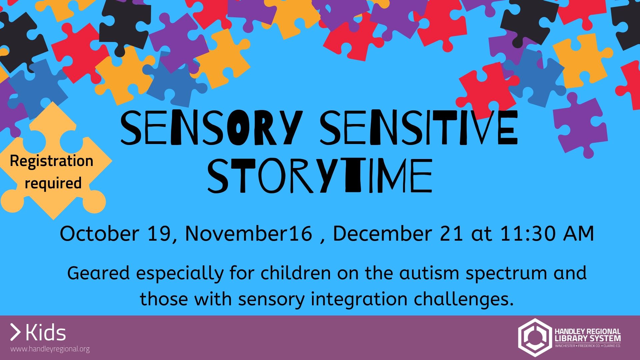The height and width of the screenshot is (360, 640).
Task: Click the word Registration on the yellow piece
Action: click(x=52, y=161)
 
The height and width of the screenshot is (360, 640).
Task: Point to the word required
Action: click(x=53, y=183)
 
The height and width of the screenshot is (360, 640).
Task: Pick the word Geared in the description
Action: click(x=98, y=273)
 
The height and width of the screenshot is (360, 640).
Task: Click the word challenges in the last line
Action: click(x=463, y=299)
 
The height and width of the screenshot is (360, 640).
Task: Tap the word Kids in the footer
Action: click(x=46, y=333)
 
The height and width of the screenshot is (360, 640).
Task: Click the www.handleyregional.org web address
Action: click(x=50, y=349)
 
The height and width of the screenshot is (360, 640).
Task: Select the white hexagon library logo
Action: click(x=534, y=337)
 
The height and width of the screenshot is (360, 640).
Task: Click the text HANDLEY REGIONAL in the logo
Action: click(x=587, y=331)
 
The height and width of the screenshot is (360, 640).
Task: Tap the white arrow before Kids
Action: click(x=15, y=332)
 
